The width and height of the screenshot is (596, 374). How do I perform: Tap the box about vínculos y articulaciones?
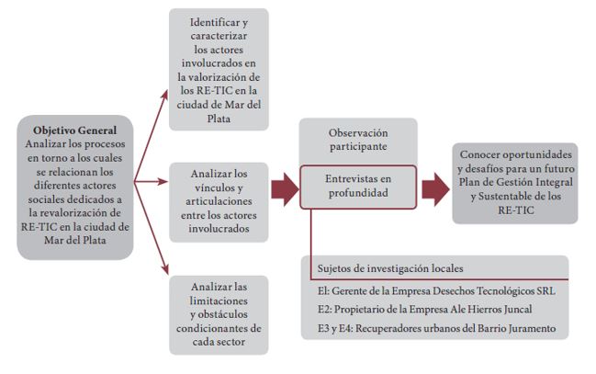[219, 201]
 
